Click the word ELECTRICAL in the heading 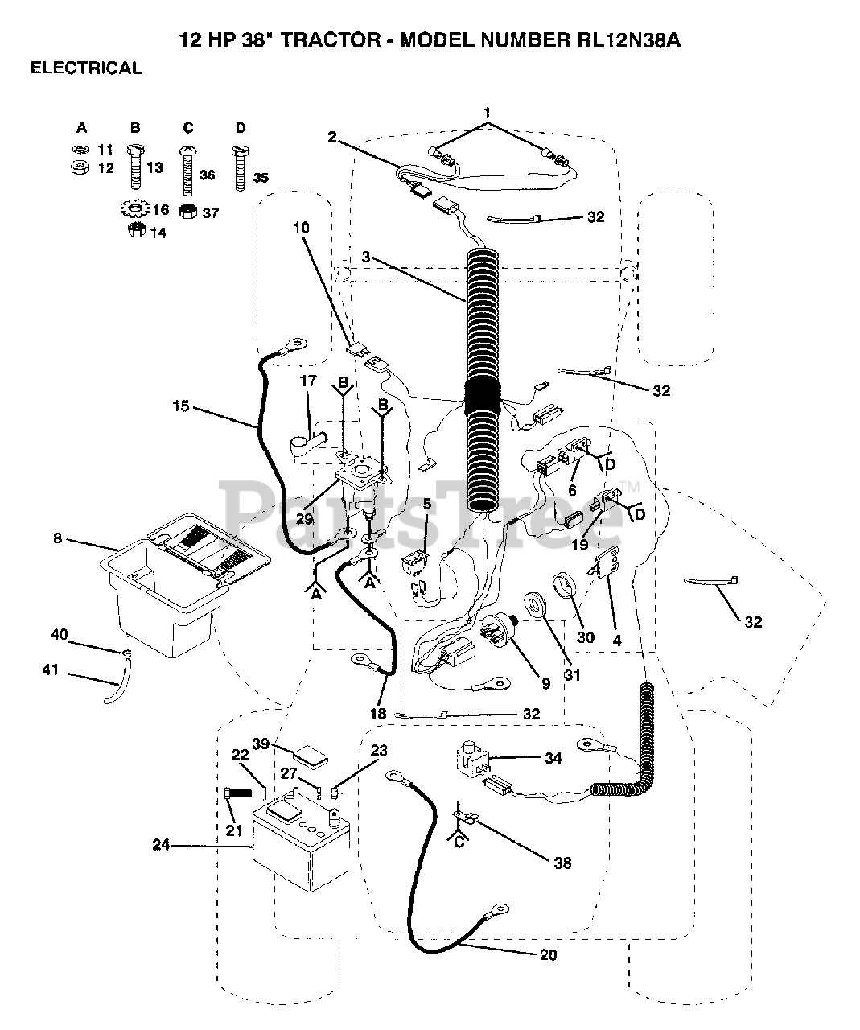pos(86,68)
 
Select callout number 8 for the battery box pos(58,538)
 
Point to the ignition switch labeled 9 pos(499,633)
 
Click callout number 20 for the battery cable pos(548,955)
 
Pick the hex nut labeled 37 pos(187,212)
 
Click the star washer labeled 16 pos(134,209)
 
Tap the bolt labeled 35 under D pos(241,167)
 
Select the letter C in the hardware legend pos(188,128)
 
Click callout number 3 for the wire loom pos(365,257)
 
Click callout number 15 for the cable pos(181,406)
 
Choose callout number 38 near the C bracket pos(562,863)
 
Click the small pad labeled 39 pos(311,756)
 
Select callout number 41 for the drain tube pos(51,669)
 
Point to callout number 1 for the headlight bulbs pos(488,113)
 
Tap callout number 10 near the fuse pos(302,228)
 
